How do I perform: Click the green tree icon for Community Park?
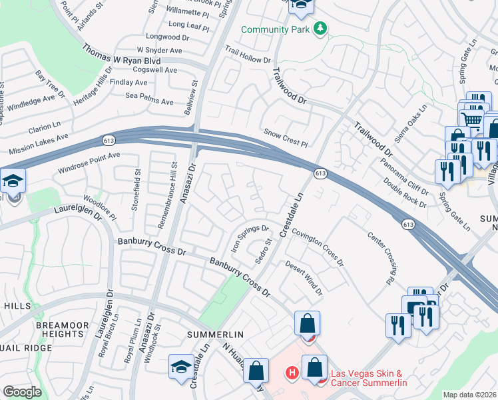pyautogui.click(x=321, y=29)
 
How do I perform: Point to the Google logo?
pyautogui.click(x=22, y=391)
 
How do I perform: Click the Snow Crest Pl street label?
pyautogui.click(x=286, y=138)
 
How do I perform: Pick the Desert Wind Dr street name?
pyautogui.click(x=304, y=277)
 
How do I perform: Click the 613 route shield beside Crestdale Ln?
pyautogui.click(x=320, y=173)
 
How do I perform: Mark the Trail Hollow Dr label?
pyautogui.click(x=248, y=55)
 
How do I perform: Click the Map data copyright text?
pyautogui.click(x=470, y=395)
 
